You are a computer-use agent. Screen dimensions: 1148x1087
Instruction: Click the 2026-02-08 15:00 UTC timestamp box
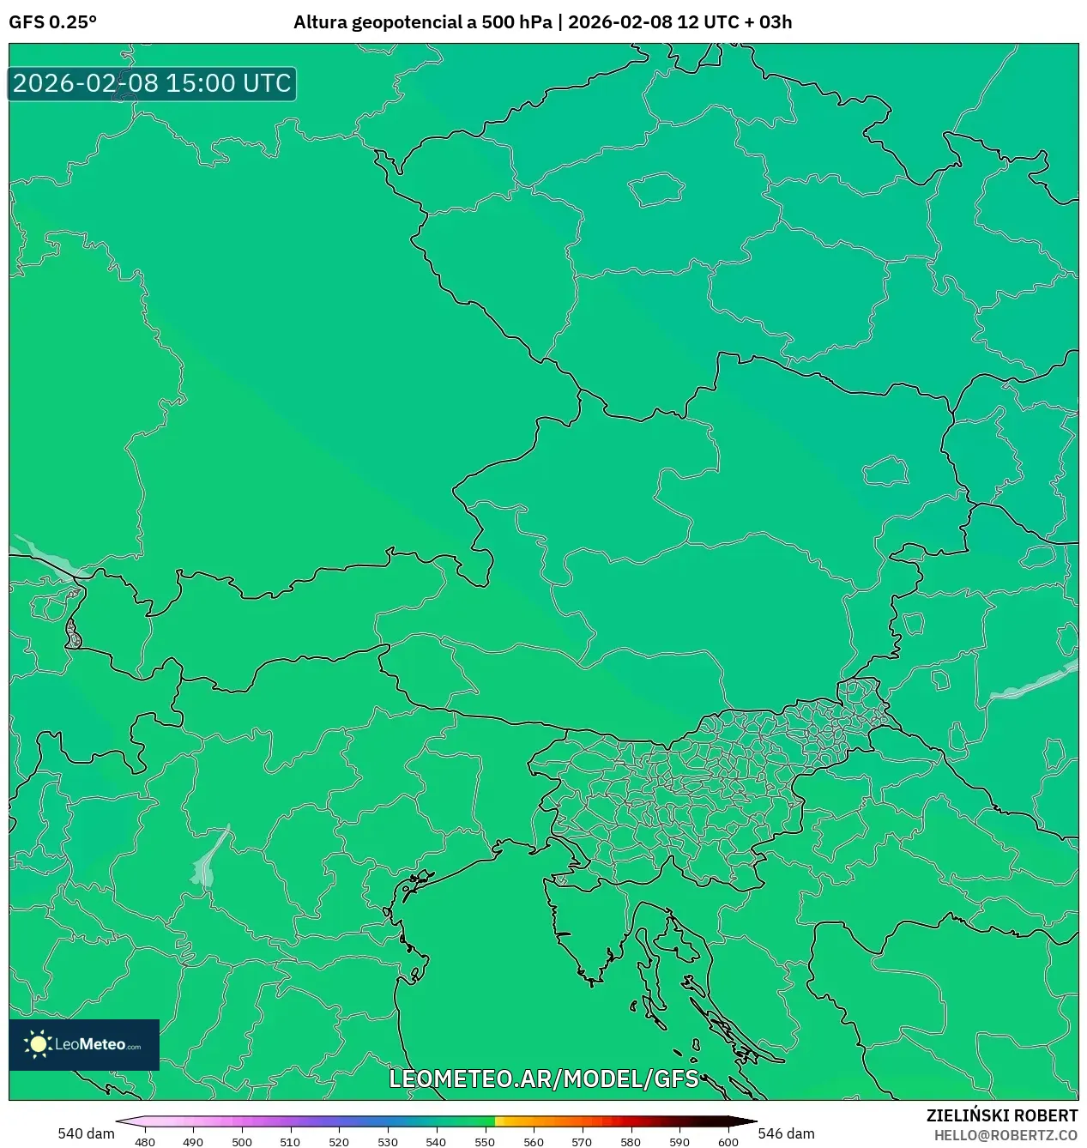152,83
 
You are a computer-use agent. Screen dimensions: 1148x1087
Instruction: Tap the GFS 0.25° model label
52,22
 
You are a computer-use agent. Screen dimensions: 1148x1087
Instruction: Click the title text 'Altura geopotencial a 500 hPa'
422,22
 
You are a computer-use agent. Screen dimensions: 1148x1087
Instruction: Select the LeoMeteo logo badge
84,1044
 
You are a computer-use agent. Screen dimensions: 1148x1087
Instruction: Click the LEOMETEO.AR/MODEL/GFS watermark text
544,1079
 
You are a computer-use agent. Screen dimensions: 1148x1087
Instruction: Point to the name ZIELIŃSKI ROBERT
1001,1115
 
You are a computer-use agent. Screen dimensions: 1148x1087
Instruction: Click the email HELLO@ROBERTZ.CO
1005,1135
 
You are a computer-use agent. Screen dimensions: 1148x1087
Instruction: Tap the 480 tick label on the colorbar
145,1142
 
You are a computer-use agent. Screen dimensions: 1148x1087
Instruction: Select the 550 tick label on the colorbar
485,1142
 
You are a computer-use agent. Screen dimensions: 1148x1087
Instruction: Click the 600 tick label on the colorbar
728,1142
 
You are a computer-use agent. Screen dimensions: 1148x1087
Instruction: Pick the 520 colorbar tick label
339,1142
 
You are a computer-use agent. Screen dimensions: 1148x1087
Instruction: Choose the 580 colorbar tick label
631,1142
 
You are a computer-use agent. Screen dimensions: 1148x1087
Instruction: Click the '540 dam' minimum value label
86,1133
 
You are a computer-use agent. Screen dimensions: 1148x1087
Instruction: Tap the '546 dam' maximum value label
786,1133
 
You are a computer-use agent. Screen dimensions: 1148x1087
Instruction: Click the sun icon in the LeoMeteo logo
38,1044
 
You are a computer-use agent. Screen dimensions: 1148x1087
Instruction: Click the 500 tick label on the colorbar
242,1142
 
